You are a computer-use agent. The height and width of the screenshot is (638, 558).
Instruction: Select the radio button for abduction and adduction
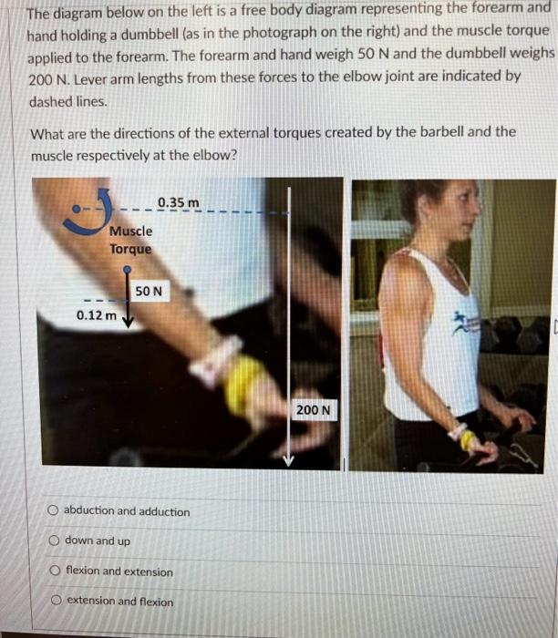pos(55,510)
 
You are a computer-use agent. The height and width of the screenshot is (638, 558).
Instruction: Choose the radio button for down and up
pos(55,541)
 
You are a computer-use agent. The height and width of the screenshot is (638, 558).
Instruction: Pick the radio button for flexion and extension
pos(56,571)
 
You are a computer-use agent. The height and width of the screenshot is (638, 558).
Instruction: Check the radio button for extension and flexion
pos(56,601)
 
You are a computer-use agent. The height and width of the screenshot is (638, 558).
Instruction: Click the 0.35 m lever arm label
pos(178,201)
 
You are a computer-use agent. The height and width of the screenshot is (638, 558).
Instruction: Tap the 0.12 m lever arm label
pos(96,315)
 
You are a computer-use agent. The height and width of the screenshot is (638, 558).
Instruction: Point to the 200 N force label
pos(309,410)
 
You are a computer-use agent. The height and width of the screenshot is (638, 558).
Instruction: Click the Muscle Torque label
pos(130,240)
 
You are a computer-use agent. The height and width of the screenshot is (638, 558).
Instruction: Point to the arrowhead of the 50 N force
pos(128,321)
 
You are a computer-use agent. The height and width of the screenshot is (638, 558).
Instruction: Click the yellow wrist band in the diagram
pos(241,384)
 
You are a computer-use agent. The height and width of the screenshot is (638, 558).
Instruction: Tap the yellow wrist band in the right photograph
pos(468,440)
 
